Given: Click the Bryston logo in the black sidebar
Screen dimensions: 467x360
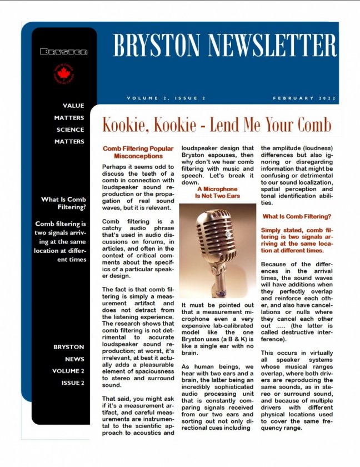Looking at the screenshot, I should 64,52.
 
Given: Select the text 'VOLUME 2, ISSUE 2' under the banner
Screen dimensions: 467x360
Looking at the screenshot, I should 166,98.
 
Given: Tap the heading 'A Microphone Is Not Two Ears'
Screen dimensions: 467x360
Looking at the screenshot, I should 217,192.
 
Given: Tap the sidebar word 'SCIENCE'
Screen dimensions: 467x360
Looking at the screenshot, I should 70,130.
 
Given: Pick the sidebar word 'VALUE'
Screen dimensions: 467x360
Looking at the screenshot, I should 73,106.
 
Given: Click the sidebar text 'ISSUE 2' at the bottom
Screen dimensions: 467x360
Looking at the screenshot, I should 73,383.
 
